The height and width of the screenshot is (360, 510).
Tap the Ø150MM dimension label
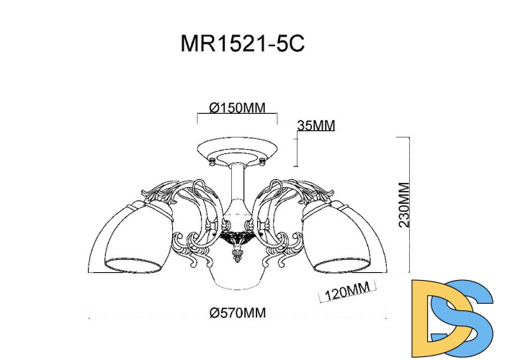237,108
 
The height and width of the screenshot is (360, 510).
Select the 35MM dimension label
316,125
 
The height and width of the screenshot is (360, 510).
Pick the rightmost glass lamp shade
346,238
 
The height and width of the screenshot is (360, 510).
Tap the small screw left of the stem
212,164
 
